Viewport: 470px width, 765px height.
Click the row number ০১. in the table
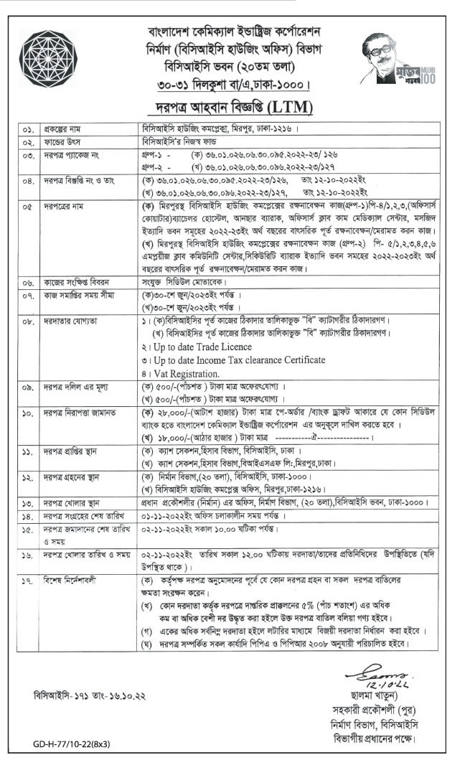[28, 130]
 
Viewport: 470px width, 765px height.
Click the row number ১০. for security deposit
[28, 413]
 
